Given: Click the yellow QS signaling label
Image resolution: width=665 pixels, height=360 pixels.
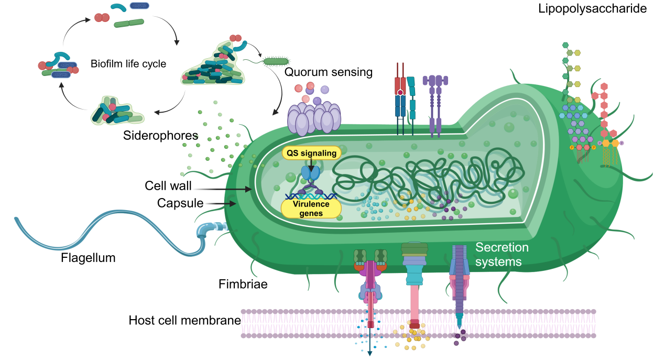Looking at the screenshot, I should coord(311,152).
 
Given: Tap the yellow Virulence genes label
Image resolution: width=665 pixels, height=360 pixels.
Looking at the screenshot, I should coord(311,209).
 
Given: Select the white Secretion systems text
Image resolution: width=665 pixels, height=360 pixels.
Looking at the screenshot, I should coord(502,254).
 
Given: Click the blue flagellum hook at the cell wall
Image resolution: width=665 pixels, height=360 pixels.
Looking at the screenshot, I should coord(208,231).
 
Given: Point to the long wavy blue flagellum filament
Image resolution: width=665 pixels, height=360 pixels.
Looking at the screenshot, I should coord(105,231).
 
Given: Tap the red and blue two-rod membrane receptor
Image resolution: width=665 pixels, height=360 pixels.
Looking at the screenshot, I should coord(401,100).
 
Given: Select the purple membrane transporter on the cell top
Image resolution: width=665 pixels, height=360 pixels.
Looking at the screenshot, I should coord(435,102).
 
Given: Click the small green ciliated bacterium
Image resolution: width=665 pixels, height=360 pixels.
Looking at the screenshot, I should coord(276,61).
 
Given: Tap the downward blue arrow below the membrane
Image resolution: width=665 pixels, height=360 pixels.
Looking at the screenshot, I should coord(370,346).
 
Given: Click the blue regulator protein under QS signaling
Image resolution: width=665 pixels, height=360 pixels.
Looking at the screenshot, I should coord(310,173).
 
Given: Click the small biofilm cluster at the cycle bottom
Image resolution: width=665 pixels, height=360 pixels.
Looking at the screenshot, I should coord(117,111).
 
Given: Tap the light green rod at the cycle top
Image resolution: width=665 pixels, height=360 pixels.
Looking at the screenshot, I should coord(129,23).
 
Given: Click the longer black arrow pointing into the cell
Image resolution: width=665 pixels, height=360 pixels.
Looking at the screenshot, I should coord(223,189).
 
